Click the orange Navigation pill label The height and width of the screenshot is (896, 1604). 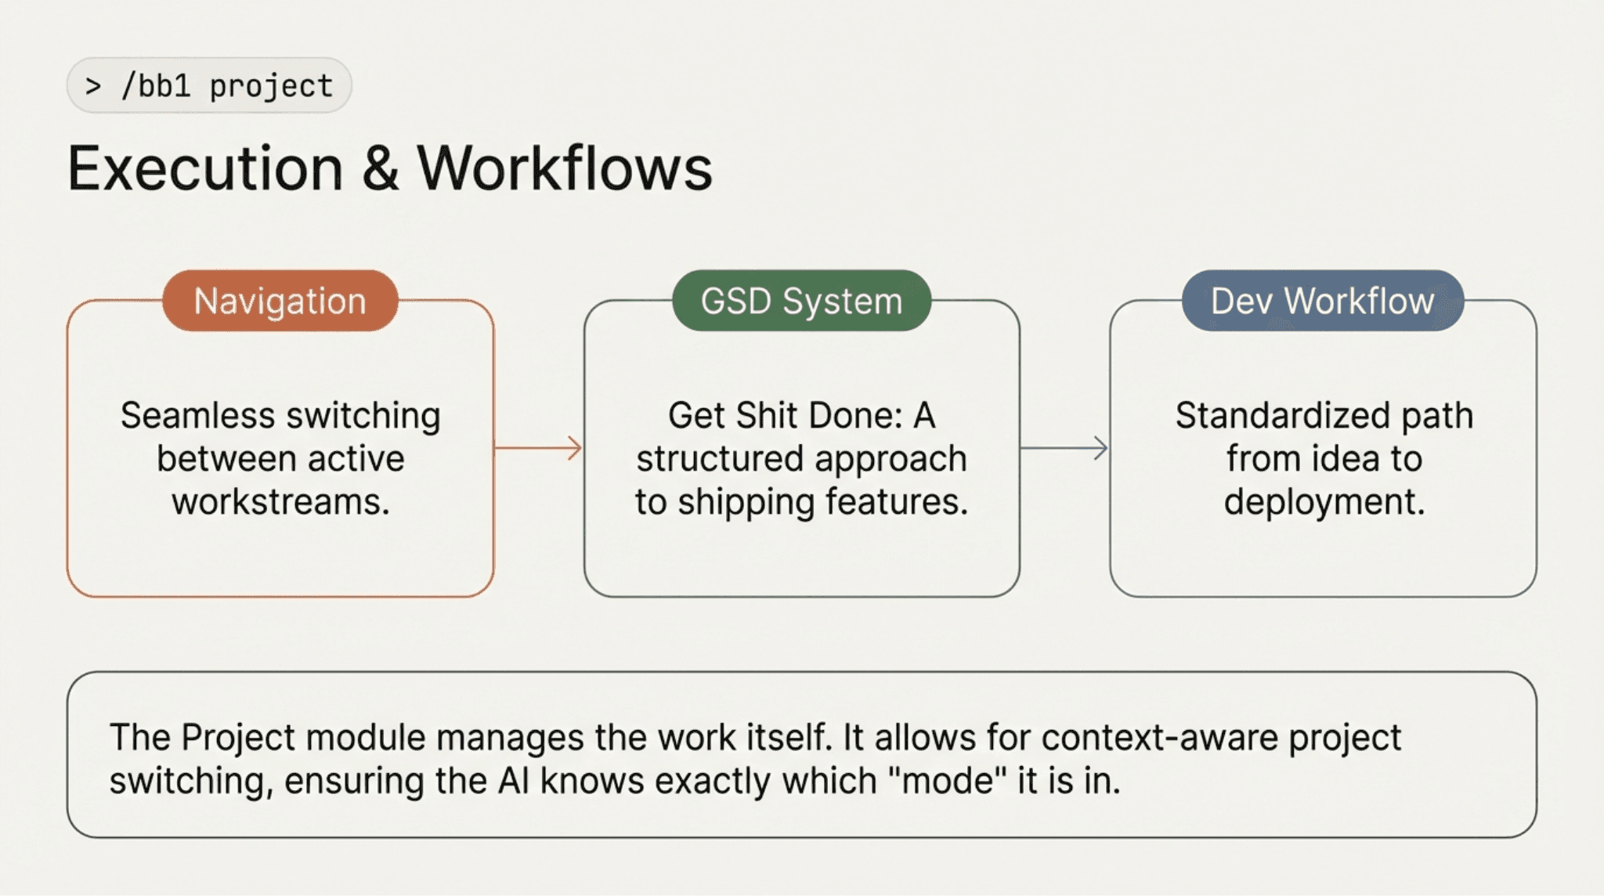click(x=280, y=301)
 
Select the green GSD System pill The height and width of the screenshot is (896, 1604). click(x=801, y=301)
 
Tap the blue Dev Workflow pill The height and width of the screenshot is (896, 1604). click(x=1322, y=301)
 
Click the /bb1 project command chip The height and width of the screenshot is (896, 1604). click(x=209, y=85)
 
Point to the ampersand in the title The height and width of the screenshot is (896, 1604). click(x=380, y=168)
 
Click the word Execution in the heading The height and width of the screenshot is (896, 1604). click(x=205, y=168)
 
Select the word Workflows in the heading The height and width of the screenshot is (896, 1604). click(x=564, y=168)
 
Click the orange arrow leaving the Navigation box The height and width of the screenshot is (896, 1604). click(x=539, y=448)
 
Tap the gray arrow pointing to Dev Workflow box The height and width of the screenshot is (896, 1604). click(x=1064, y=448)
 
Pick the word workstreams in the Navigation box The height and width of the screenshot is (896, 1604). click(x=280, y=501)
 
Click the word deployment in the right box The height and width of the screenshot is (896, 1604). click(x=1324, y=501)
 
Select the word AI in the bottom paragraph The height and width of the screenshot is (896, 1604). click(x=514, y=781)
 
